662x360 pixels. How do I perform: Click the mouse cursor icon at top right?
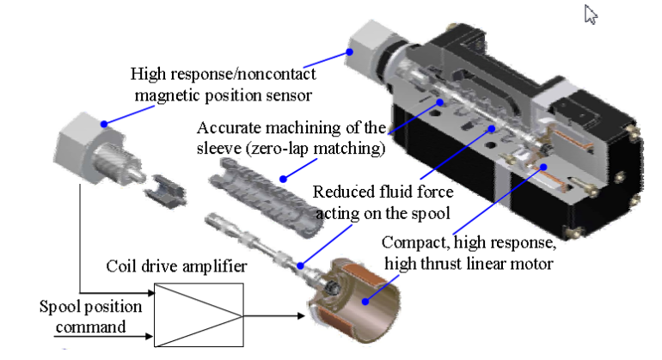click(x=590, y=15)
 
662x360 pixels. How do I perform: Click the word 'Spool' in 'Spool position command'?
click(x=58, y=306)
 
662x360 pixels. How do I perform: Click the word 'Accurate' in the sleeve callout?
click(x=226, y=128)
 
